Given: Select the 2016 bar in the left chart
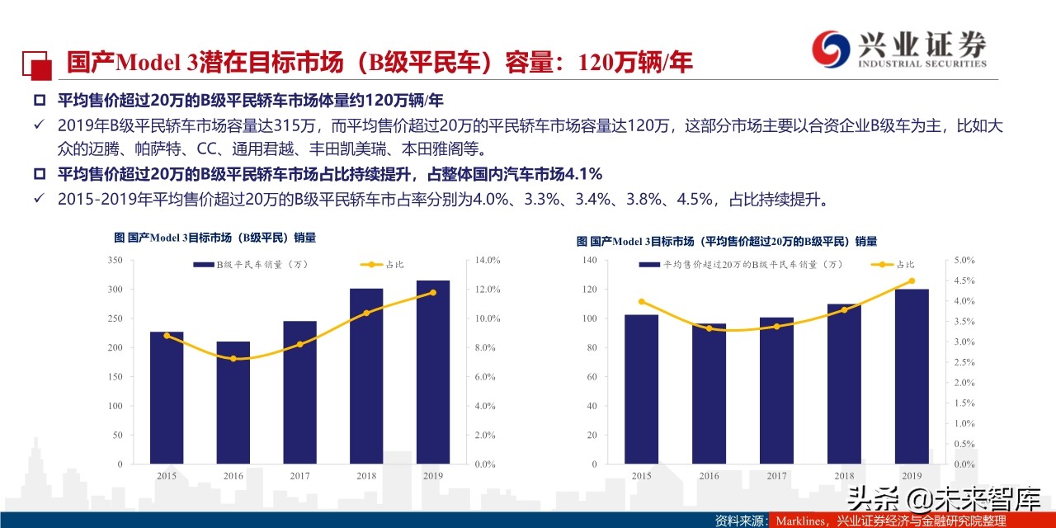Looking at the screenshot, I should (233, 402).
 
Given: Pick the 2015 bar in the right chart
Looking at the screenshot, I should (641, 389).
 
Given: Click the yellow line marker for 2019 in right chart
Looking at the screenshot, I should (912, 280).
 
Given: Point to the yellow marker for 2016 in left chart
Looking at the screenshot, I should (233, 359).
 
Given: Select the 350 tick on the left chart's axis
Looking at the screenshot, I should (115, 261).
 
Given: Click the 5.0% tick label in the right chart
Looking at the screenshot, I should (964, 261).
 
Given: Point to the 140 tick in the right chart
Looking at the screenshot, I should (588, 261).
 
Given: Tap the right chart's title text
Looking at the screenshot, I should (726, 242).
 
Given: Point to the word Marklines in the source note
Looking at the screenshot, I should (799, 521).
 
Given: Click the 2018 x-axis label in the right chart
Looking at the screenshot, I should (844, 476).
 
